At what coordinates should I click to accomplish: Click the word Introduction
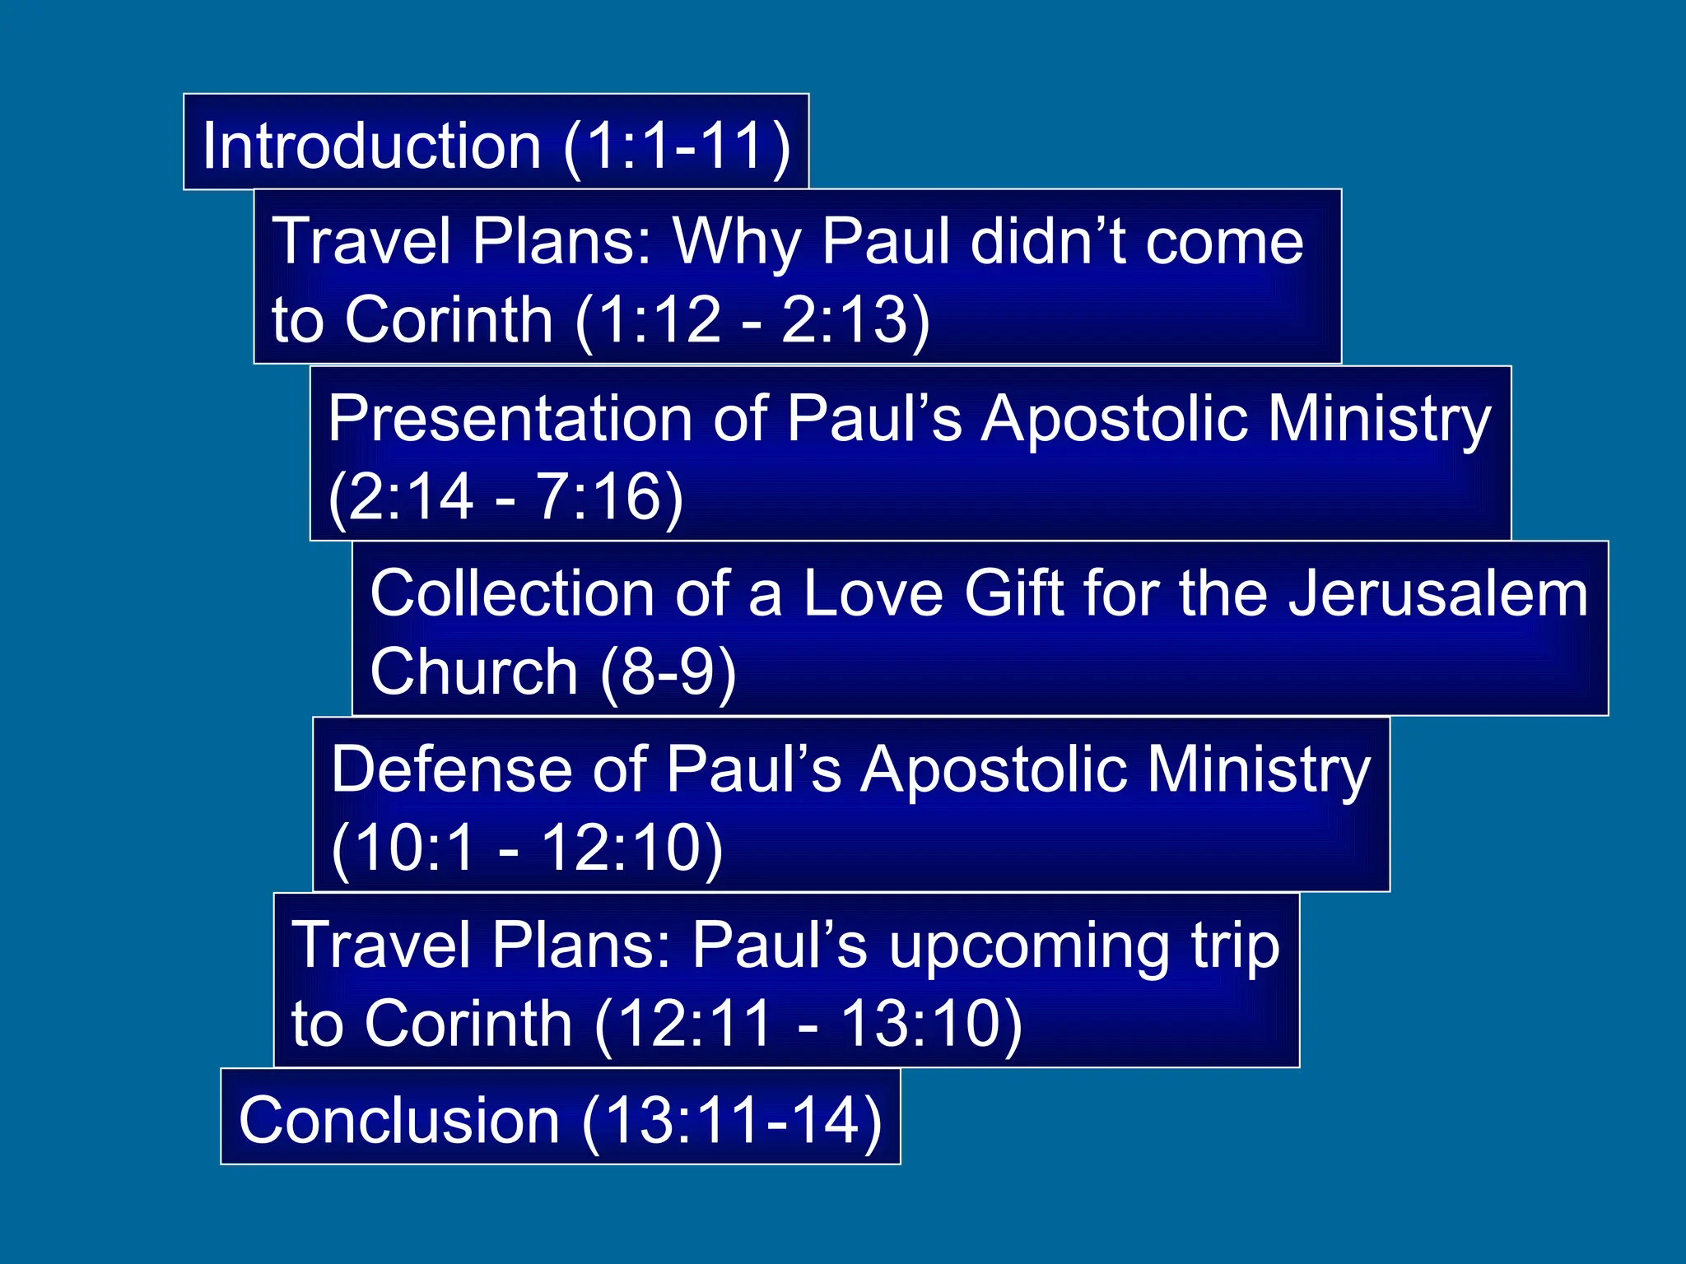370,146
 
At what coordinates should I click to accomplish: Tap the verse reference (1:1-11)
677,146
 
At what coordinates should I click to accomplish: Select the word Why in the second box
737,242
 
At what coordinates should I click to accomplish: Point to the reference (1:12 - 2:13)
752,320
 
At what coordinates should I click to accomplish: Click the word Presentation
510,418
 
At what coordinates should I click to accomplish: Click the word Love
872,593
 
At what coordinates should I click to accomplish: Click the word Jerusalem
1437,593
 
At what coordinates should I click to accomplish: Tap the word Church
473,671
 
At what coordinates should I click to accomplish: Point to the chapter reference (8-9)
668,671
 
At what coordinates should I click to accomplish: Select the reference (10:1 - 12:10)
527,848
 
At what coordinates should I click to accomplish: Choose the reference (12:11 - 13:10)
808,1024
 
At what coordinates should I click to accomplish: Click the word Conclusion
399,1120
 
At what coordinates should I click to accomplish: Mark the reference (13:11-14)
732,1120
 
